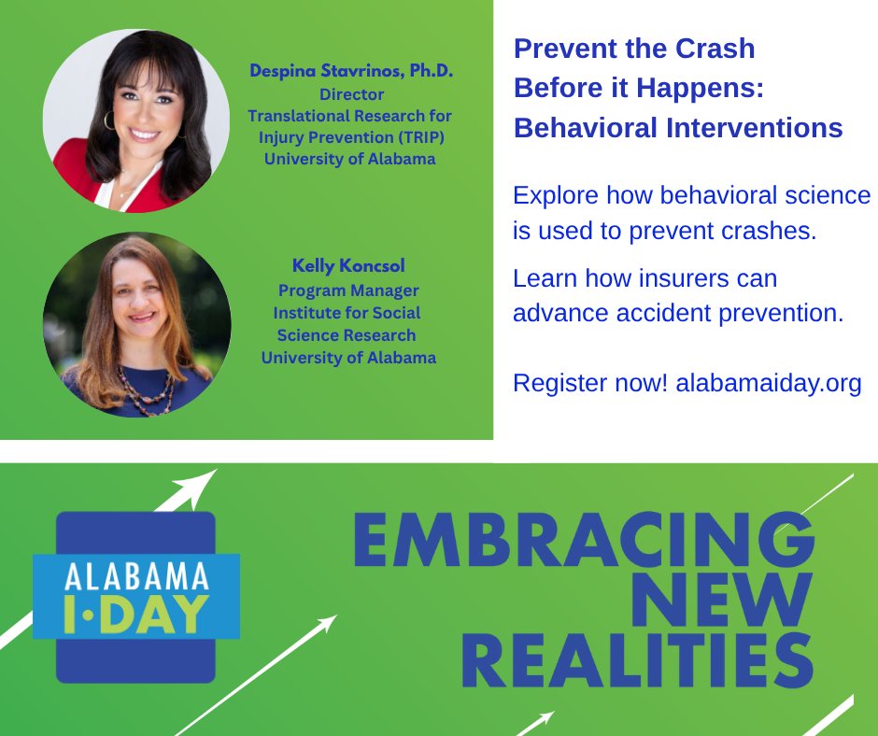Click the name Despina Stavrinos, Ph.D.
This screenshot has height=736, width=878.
click(x=350, y=72)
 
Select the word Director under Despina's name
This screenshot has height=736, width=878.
click(x=351, y=94)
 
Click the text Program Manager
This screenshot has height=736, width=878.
click(x=349, y=290)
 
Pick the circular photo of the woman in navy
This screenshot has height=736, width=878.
click(x=136, y=324)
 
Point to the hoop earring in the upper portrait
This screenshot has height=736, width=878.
click(x=109, y=120)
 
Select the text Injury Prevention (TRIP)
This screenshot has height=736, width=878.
click(x=349, y=137)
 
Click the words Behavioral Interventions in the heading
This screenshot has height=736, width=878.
click(x=678, y=128)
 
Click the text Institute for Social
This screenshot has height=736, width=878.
click(x=347, y=312)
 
